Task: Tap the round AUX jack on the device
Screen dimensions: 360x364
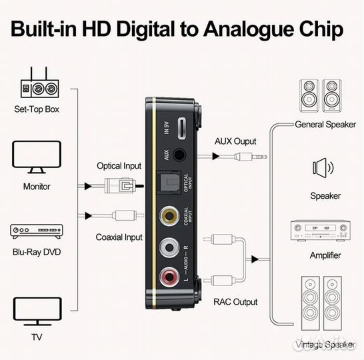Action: tap(179, 155)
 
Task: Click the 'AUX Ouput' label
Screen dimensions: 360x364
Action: tap(235, 141)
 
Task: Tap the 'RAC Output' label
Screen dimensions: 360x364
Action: tap(235, 302)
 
